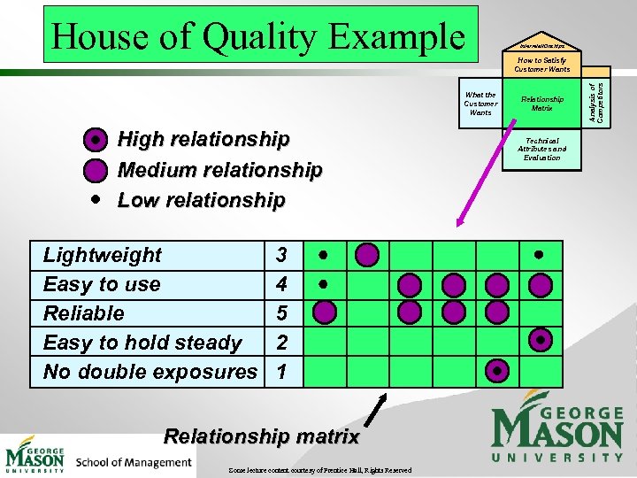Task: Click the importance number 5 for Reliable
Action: [281, 313]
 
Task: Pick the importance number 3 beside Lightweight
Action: [281, 255]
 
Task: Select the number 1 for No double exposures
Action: [281, 372]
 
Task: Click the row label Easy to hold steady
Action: [142, 343]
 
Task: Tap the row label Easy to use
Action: [102, 284]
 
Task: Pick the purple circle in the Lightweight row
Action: [368, 255]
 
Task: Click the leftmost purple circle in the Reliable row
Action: [325, 312]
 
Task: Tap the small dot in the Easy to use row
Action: [325, 284]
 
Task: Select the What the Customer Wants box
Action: [480, 104]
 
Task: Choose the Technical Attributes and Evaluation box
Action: [541, 149]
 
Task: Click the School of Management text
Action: [134, 461]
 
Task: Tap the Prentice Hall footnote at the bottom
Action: [318, 470]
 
